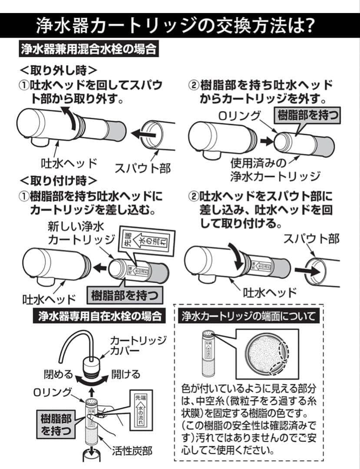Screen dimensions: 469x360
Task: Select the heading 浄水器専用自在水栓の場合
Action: pos(99,316)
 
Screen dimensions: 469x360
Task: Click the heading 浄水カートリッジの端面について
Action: pos(250,316)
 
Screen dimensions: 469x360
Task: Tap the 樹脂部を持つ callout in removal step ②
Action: pos(308,116)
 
